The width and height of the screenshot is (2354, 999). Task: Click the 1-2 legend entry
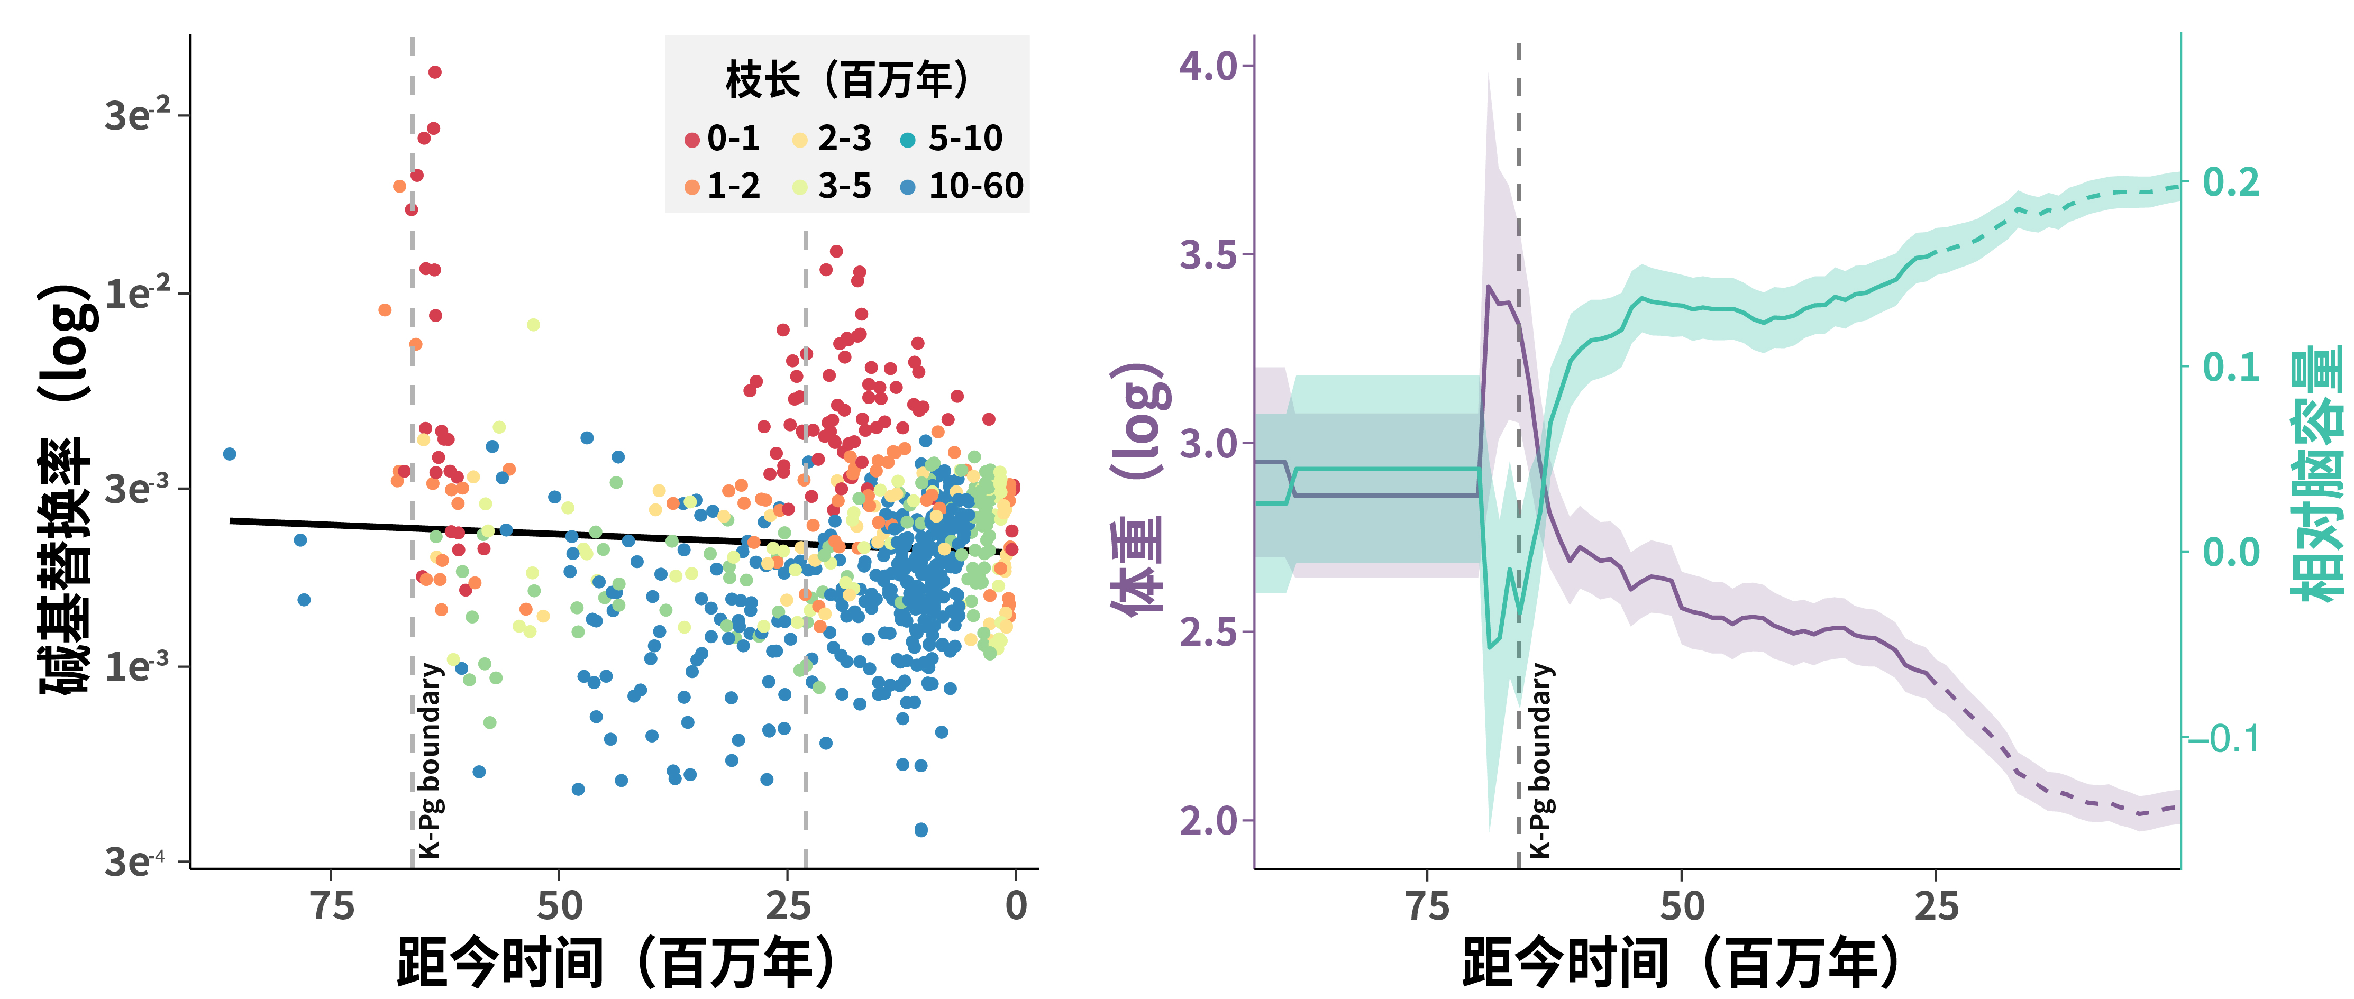click(x=722, y=187)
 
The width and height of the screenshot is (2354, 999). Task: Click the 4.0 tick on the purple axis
click(x=1208, y=66)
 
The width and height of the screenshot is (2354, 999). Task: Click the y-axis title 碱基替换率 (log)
click(x=66, y=489)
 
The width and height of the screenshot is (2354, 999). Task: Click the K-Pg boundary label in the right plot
click(x=1541, y=760)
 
